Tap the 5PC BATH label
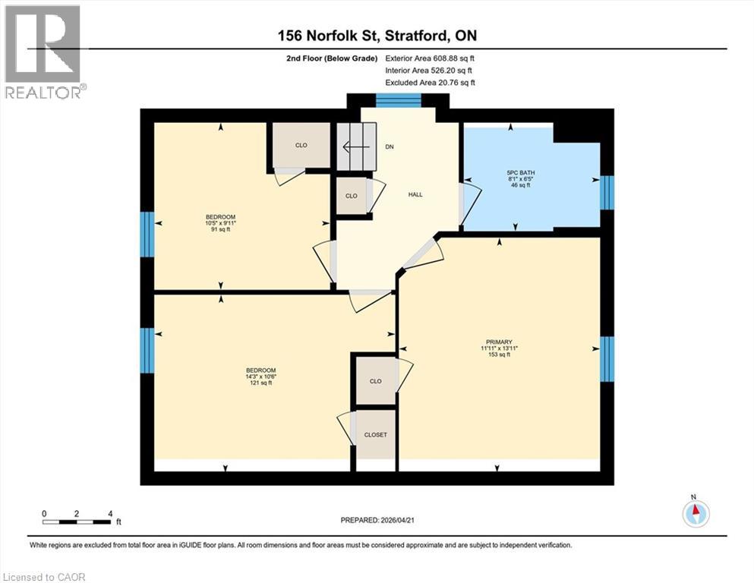click(x=521, y=173)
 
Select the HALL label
click(x=415, y=195)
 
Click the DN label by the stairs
click(x=390, y=147)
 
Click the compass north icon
click(x=695, y=513)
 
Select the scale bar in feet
click(x=77, y=522)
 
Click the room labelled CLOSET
click(x=375, y=435)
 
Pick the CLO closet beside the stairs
click(x=351, y=196)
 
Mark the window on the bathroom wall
click(x=606, y=191)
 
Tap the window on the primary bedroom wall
click(x=606, y=359)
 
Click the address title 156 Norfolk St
click(x=375, y=35)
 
